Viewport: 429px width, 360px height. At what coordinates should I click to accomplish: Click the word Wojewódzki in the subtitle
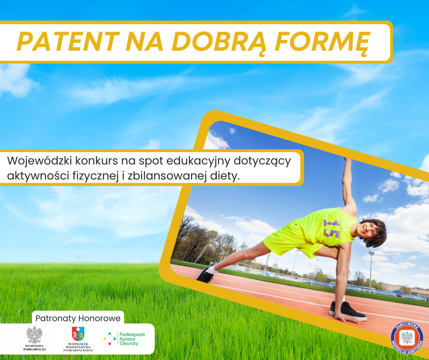click(39, 161)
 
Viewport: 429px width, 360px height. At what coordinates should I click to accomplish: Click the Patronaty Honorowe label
click(78, 318)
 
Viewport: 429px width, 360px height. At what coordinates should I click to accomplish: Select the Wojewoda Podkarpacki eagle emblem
click(34, 335)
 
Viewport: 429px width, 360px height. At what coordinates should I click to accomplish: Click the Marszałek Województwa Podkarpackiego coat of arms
click(78, 334)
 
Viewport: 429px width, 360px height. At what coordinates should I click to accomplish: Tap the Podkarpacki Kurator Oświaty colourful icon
click(110, 339)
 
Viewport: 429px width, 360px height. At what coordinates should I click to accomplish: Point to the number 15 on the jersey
click(331, 228)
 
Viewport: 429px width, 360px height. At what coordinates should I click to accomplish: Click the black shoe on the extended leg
click(205, 275)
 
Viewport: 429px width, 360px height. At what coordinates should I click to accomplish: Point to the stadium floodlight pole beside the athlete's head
click(371, 271)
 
